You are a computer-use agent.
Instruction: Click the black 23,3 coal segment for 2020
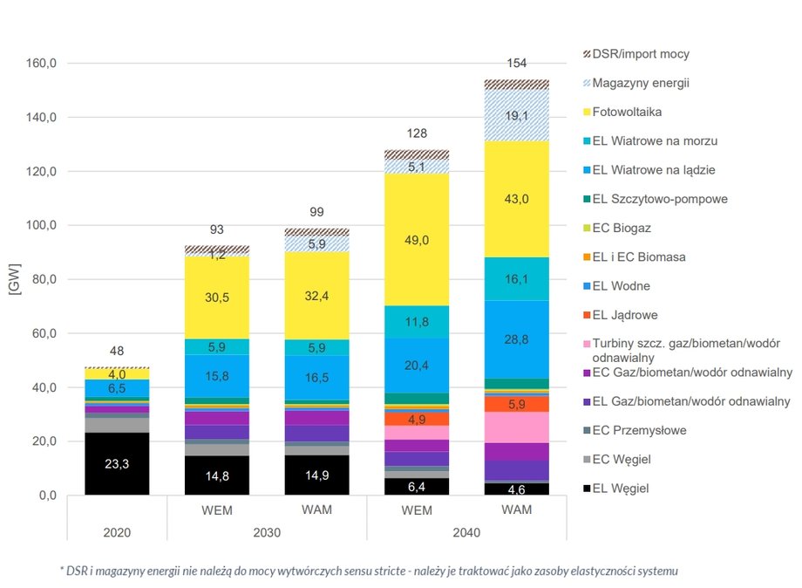point(117,464)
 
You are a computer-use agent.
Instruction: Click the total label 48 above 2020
point(117,352)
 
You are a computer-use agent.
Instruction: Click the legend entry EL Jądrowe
point(624,314)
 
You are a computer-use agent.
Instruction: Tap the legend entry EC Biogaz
point(622,228)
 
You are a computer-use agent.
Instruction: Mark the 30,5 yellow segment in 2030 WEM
point(218,297)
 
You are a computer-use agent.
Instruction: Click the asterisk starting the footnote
point(62,570)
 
